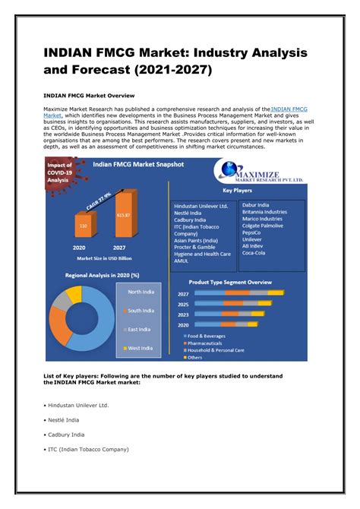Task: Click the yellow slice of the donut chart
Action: [x=74, y=294]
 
